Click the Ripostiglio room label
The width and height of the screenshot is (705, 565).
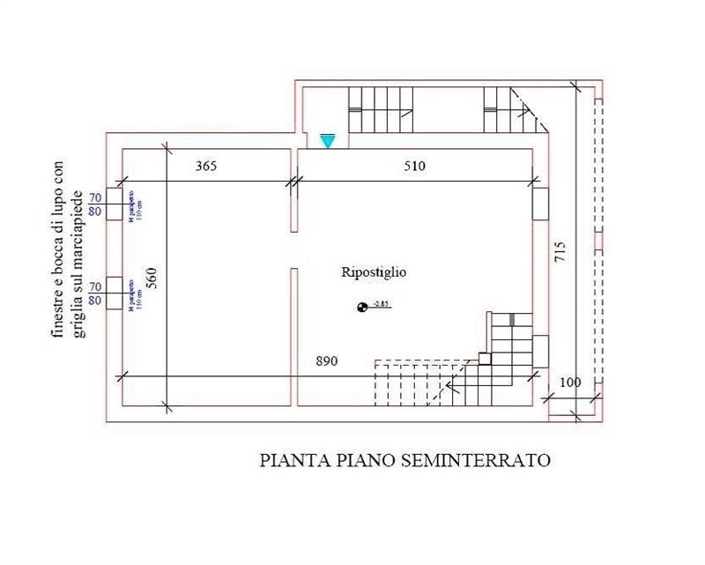tap(374, 273)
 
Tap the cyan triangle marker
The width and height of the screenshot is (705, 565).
tap(328, 141)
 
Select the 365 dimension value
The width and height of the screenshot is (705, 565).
tap(206, 166)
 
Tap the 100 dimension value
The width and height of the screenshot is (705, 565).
tap(570, 383)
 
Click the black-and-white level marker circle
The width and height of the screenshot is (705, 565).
tap(361, 307)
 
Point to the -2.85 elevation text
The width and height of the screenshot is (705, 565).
tap(381, 304)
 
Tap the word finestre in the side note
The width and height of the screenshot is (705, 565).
tap(58, 315)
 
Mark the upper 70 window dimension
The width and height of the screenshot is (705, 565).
tap(94, 197)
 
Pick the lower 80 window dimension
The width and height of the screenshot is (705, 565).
tap(94, 301)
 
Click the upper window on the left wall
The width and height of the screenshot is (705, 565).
tap(115, 204)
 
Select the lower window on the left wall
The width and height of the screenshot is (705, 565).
tap(115, 294)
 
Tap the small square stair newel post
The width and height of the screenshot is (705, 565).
tap(484, 358)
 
